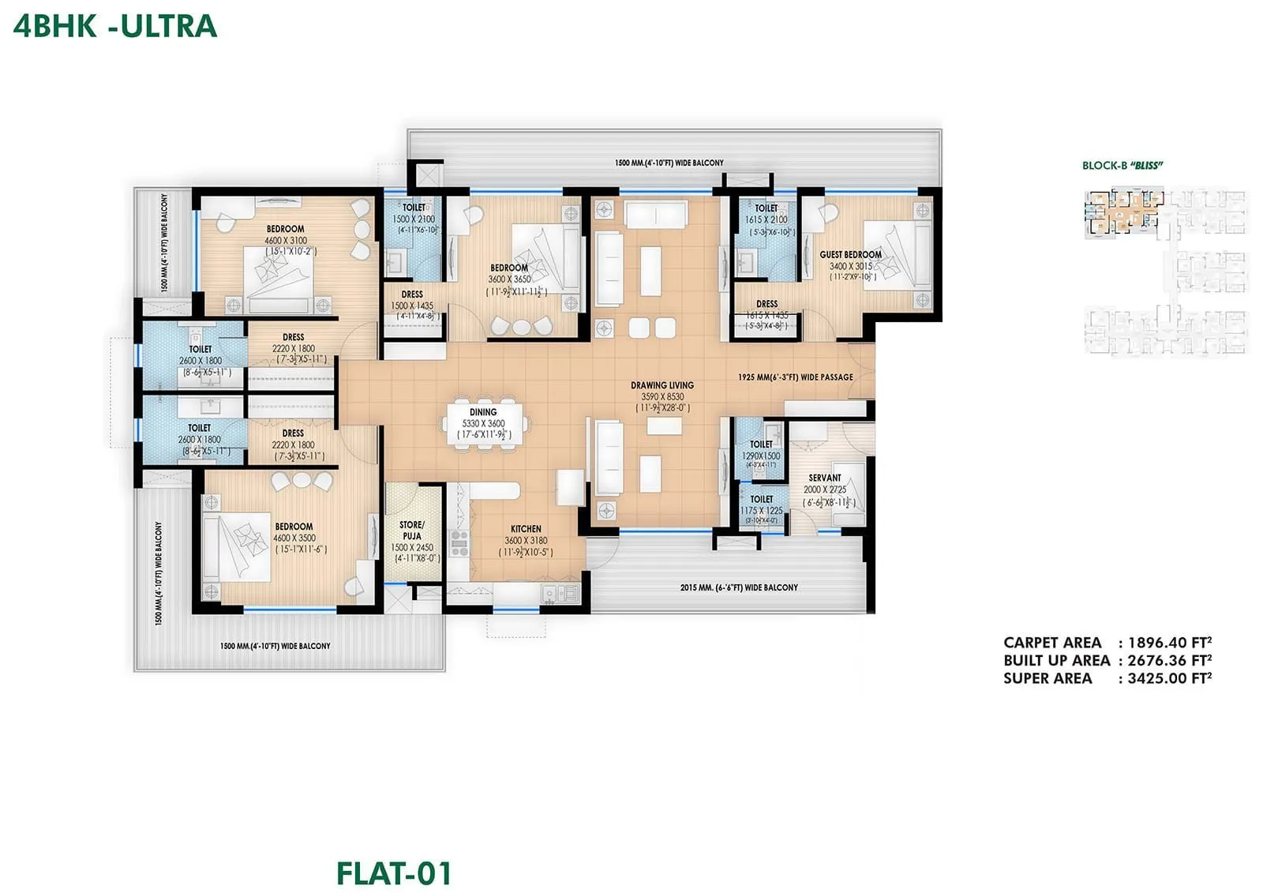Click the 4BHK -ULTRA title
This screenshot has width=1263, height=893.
click(x=115, y=26)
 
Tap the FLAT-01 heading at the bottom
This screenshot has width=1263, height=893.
click(x=394, y=873)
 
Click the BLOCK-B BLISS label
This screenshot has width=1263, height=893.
click(x=1122, y=166)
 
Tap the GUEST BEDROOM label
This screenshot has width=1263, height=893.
click(x=850, y=254)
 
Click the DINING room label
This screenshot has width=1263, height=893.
click(x=483, y=412)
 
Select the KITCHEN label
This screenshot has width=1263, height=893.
click(x=526, y=529)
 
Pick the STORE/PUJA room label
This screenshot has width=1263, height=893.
click(x=412, y=530)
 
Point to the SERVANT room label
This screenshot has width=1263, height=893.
click(x=825, y=478)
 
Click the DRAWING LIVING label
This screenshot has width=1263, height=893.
click(x=661, y=385)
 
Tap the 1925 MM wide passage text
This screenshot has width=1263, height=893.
click(x=795, y=377)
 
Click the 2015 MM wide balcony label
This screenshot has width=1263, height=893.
click(x=738, y=587)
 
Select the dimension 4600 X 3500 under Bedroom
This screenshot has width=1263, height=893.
click(x=294, y=538)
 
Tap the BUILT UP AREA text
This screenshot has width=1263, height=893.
click(x=1056, y=661)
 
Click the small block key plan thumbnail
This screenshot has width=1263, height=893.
click(x=1165, y=269)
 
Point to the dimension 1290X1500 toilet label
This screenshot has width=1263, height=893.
click(x=761, y=456)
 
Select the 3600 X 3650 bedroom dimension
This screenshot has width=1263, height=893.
click(x=509, y=280)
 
